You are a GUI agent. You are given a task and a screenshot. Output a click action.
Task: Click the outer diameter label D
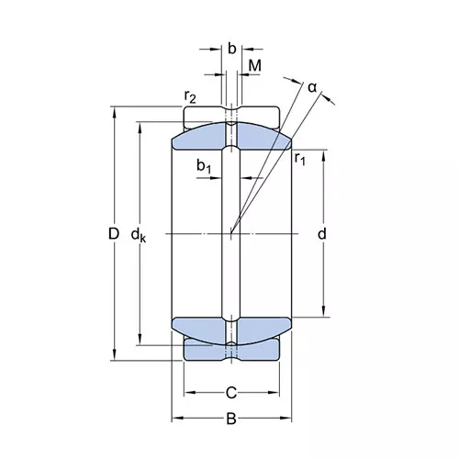114,234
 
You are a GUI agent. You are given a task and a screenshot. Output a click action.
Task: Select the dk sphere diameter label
139,235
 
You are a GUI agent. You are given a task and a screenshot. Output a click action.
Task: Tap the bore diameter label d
322,234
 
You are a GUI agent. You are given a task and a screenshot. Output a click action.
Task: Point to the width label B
231,419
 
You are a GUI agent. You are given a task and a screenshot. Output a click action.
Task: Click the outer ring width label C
231,393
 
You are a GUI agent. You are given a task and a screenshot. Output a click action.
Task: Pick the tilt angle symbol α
312,88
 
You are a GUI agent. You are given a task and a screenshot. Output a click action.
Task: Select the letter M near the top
255,65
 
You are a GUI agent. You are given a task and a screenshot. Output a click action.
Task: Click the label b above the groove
232,49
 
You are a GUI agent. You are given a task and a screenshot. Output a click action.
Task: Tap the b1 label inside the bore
204,167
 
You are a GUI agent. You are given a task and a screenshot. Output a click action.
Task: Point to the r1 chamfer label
300,159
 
